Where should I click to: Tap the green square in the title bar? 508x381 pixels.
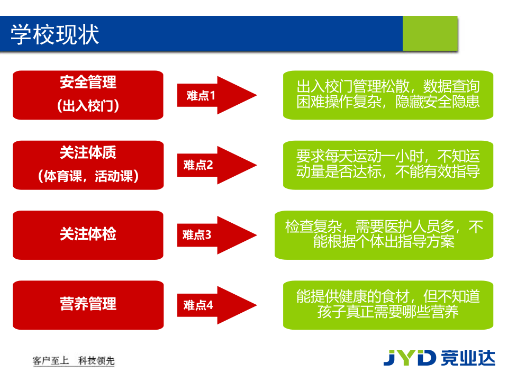coord(429,33)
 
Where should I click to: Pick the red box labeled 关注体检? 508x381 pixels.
coord(88,235)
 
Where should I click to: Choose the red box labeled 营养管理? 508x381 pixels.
coord(88,305)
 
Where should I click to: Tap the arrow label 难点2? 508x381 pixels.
coord(198,165)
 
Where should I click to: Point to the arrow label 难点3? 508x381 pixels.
coord(197,235)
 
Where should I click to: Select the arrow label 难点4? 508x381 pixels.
coord(198,305)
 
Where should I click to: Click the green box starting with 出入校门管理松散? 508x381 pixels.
coord(388,95)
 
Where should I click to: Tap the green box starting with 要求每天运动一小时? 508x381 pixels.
coord(388,165)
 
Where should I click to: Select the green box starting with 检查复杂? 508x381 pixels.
coord(384,235)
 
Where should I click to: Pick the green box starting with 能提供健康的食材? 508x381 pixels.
coord(388,305)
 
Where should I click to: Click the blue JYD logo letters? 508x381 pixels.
coord(409,358)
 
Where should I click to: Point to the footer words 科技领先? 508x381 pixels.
coord(96,361)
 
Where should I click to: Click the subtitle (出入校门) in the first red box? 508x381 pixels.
coord(88,106)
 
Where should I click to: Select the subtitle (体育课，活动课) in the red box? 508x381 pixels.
coord(88,176)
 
